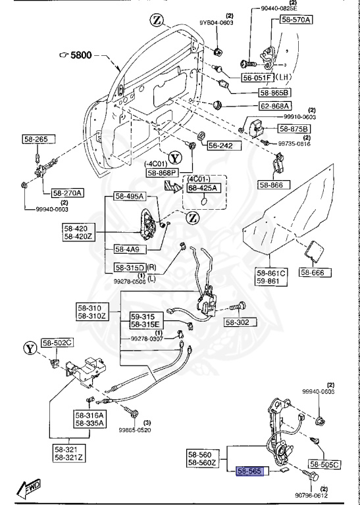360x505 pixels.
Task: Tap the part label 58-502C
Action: pos(58,343)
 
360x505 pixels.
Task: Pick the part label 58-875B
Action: pos(294,128)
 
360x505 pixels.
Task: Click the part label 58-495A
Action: pos(129,196)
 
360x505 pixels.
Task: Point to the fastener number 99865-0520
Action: pos(135,429)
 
